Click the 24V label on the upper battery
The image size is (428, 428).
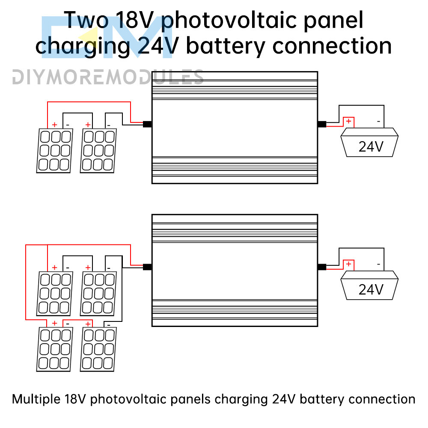click(371, 147)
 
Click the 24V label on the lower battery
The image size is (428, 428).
click(371, 289)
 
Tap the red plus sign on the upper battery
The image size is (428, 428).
click(349, 122)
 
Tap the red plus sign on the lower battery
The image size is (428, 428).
click(349, 264)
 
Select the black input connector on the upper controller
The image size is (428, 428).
click(147, 124)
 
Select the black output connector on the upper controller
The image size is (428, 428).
click(321, 124)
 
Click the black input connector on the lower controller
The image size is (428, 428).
click(147, 267)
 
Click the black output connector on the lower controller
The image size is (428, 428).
click(321, 267)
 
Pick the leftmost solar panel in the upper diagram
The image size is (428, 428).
click(54, 151)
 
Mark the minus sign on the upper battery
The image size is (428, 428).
click(378, 122)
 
